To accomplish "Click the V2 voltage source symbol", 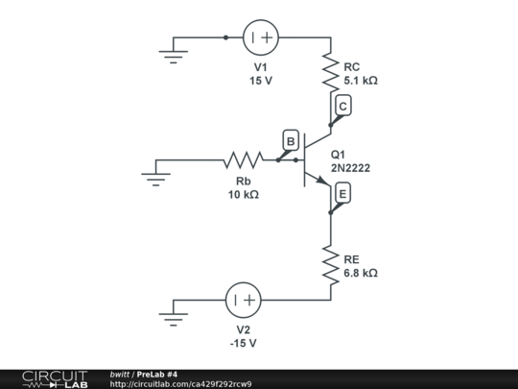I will pos(243,300).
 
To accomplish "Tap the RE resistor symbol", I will pos(330,266).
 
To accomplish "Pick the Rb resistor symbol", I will pos(243,159).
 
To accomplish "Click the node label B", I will pos(290,141).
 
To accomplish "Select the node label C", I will pos(343,108).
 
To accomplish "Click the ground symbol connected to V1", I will pos(174,52).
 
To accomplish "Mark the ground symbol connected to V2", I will pos(174,313).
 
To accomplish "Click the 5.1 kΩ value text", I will pos(361,82).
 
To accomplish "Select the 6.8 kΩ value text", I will pos(361,273).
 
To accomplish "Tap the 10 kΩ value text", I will pos(243,195).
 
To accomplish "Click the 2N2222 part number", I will pos(350,168).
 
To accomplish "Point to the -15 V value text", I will pos(243,343).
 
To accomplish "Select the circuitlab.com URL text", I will pos(181,384).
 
